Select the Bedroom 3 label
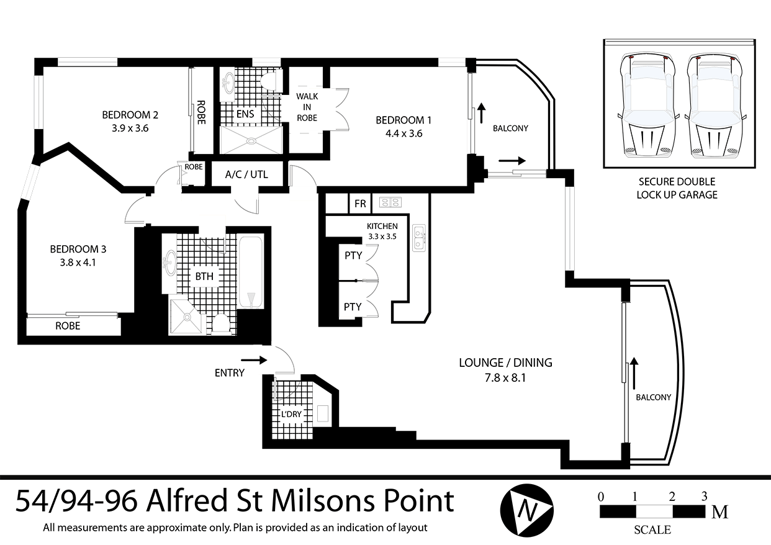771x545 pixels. [78, 250]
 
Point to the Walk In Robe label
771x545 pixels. [307, 107]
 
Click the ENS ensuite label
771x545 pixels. [245, 114]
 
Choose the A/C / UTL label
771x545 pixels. [247, 174]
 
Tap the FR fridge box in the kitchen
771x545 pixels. [360, 203]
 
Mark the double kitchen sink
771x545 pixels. [420, 238]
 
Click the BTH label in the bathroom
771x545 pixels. [205, 276]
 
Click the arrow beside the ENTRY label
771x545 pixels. [254, 359]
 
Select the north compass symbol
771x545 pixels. [527, 511]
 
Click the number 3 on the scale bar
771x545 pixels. [704, 496]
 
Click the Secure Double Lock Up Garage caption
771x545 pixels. [677, 188]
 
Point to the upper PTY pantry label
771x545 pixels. [353, 256]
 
